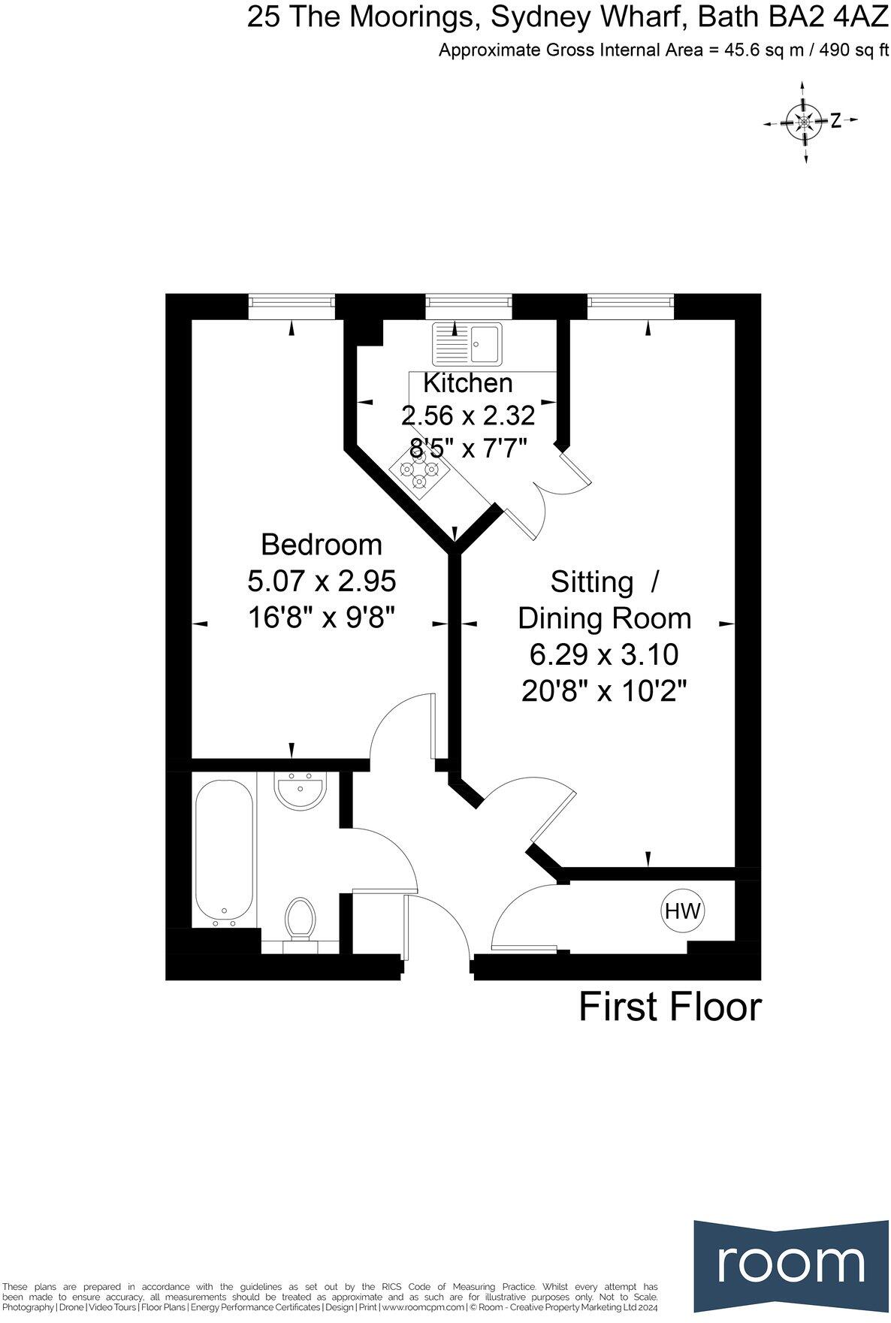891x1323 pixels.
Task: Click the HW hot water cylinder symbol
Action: pos(682,911)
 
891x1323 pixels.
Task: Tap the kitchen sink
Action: pos(467,344)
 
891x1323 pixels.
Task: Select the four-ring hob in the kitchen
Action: pos(418,471)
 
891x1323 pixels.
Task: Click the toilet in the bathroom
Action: pos(301,917)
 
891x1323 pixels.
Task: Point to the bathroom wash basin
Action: pos(300,792)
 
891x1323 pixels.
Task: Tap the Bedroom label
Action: pos(321,544)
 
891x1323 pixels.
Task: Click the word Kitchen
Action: pos(467,383)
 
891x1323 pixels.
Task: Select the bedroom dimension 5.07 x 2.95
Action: pos(321,581)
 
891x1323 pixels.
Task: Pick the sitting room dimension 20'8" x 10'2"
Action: pos(605,690)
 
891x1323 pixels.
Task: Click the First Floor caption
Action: pos(669,1007)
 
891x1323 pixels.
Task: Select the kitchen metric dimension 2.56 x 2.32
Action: pos(468,415)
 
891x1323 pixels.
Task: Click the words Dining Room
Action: pos(604,618)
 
